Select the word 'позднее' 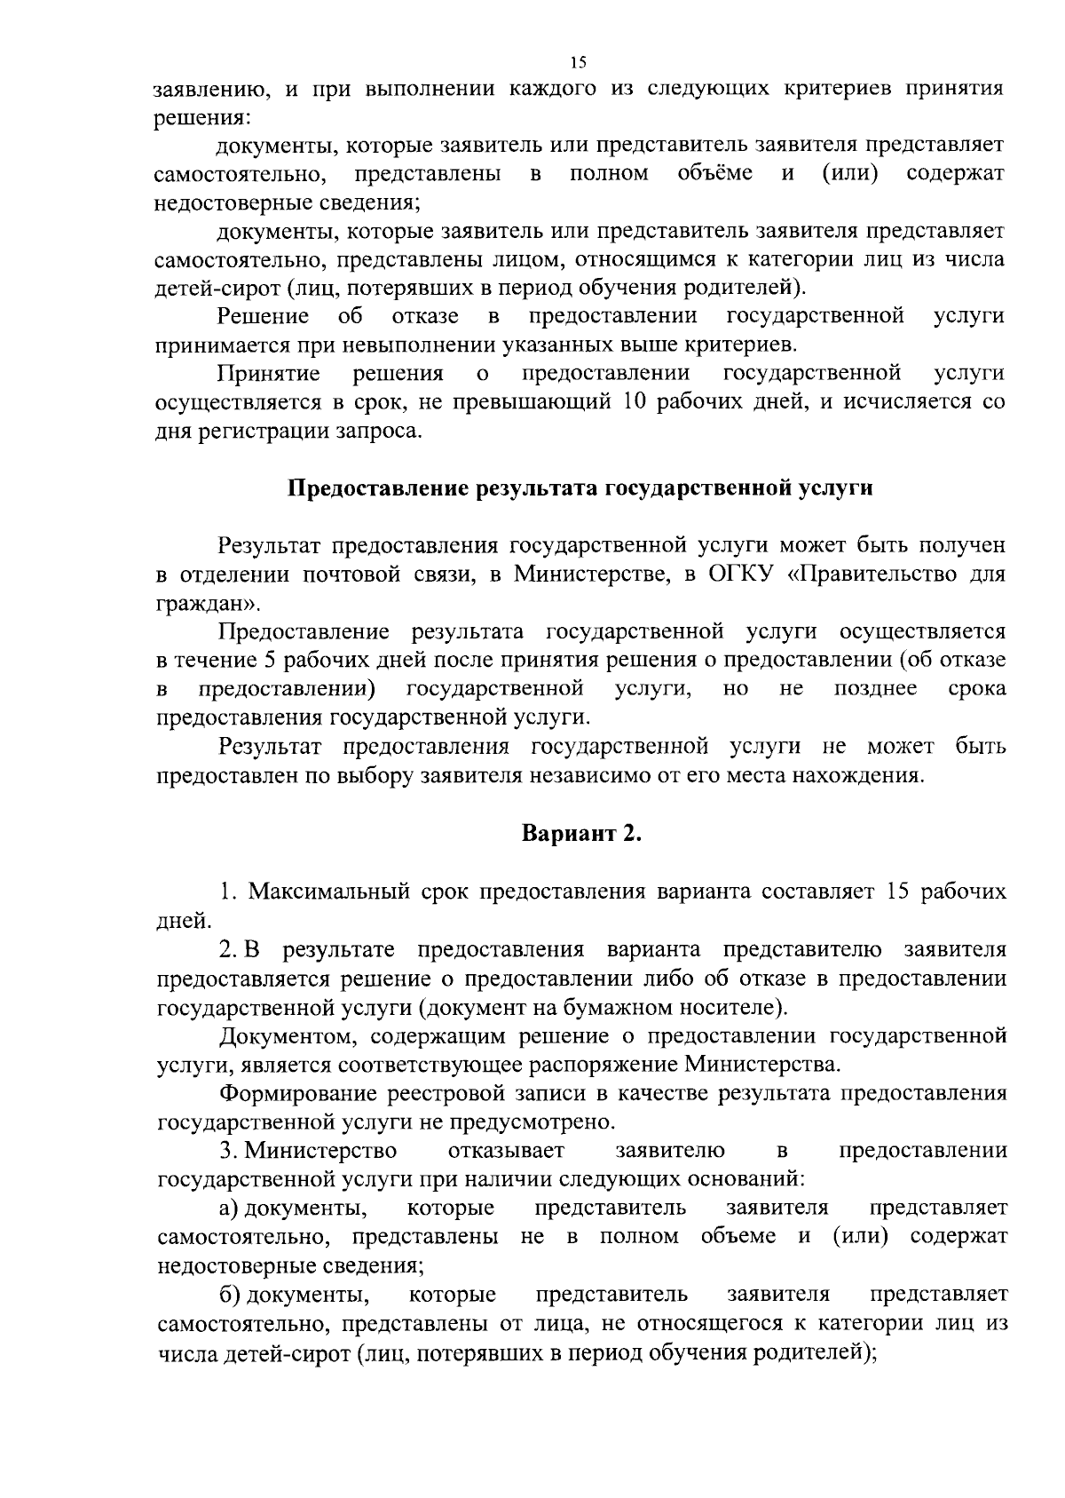pyautogui.click(x=875, y=690)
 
